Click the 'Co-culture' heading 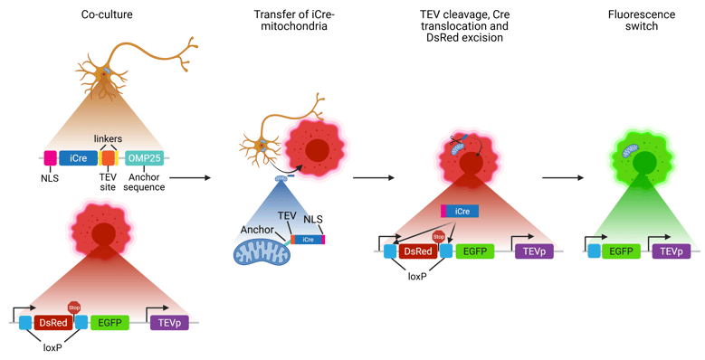[108, 14]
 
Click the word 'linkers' [109, 137]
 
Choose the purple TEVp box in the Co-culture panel [169, 322]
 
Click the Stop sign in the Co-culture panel [74, 308]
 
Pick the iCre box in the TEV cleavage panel [461, 211]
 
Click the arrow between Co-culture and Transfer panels [196, 178]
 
